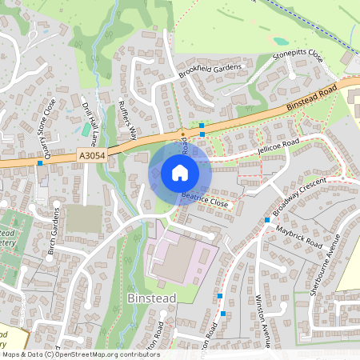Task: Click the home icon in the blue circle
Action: click(179, 172)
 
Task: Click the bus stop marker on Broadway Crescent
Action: click(267, 219)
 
